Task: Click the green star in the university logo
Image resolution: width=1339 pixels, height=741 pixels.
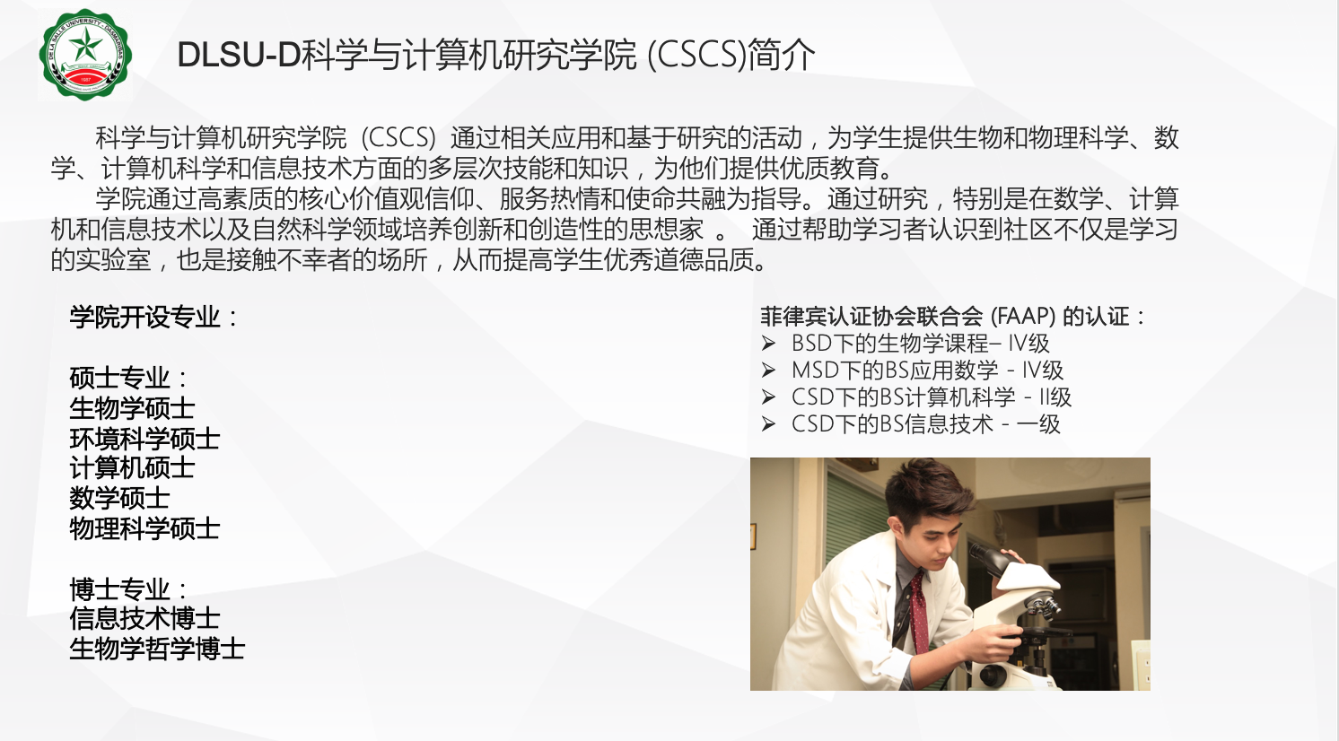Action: pyautogui.click(x=85, y=45)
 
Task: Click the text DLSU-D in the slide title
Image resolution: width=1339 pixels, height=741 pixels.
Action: pyautogui.click(x=239, y=55)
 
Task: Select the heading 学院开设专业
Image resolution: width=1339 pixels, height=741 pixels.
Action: pyautogui.click(x=144, y=317)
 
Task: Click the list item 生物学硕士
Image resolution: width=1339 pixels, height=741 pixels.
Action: pyautogui.click(x=132, y=409)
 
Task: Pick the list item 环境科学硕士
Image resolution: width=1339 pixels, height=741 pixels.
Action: pyautogui.click(x=144, y=440)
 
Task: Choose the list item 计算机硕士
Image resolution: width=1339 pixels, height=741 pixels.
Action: pyautogui.click(x=132, y=468)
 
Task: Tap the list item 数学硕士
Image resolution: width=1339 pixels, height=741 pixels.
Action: pyautogui.click(x=119, y=499)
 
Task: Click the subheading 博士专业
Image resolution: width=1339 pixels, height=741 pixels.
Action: pyautogui.click(x=119, y=589)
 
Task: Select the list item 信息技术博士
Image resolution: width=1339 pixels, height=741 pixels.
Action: pyautogui.click(x=144, y=618)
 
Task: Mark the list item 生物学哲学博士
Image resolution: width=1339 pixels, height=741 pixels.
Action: pyautogui.click(x=157, y=649)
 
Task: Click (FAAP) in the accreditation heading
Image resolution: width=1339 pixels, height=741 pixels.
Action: pyautogui.click(x=1023, y=316)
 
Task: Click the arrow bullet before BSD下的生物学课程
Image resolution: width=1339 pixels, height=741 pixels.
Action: pyautogui.click(x=768, y=344)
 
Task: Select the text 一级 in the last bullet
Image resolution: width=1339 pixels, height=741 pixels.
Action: pyautogui.click(x=1038, y=424)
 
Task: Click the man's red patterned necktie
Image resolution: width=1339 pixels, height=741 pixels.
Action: pyautogui.click(x=919, y=613)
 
